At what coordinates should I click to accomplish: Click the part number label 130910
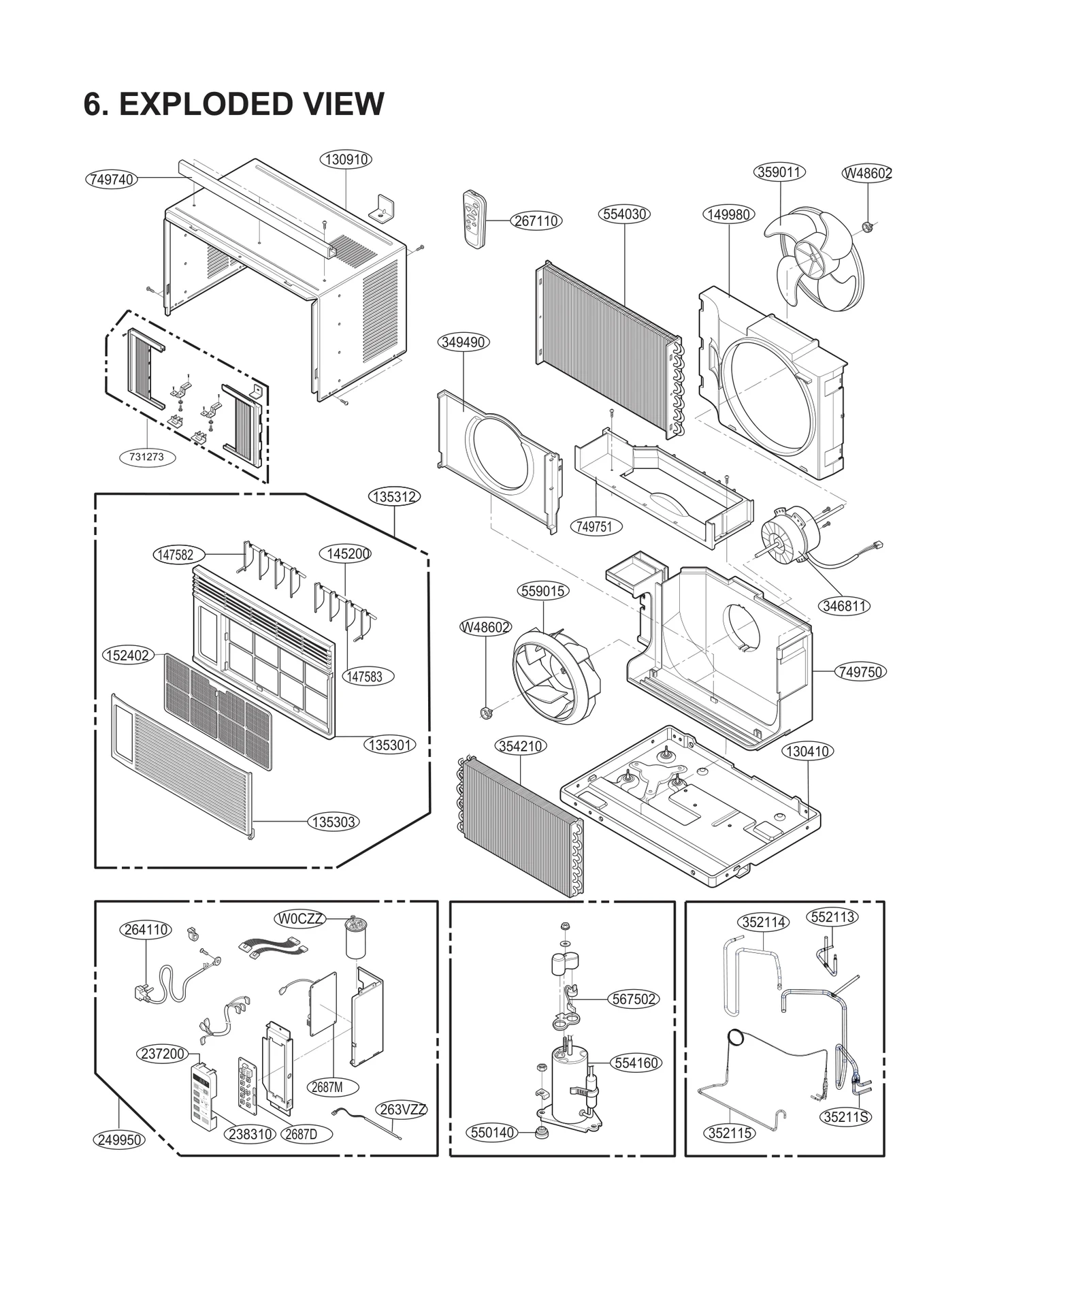tap(346, 159)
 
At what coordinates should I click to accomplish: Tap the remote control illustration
tap(474, 219)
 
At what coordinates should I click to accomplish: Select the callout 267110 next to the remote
tap(536, 221)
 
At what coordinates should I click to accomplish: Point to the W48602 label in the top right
tap(867, 173)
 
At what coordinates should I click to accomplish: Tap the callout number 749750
tap(860, 672)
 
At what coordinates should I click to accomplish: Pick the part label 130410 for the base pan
tap(807, 752)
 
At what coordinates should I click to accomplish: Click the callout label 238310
tap(250, 1134)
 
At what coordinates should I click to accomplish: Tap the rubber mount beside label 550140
tap(542, 1133)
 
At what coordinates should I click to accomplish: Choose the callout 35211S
tap(846, 1117)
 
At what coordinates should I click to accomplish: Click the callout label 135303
tap(334, 822)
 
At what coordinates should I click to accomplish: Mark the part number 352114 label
tap(764, 922)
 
